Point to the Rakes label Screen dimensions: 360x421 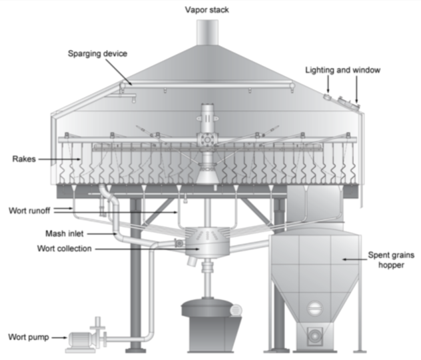click(x=23, y=159)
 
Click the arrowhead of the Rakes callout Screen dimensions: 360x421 click(x=81, y=160)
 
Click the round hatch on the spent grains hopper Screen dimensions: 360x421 click(x=314, y=309)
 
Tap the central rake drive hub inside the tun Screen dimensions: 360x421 click(x=208, y=137)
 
